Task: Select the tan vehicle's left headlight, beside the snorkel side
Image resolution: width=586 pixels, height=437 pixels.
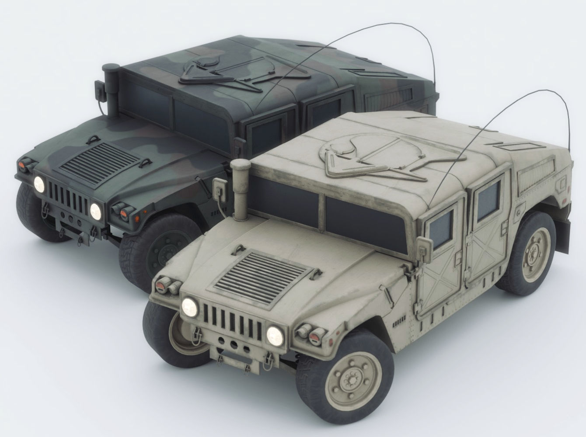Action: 189,305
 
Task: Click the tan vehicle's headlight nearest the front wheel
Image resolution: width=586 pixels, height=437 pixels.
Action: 274,335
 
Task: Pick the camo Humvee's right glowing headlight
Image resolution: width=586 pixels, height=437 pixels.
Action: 95,211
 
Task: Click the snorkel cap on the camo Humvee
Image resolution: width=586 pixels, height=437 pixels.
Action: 110,67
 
